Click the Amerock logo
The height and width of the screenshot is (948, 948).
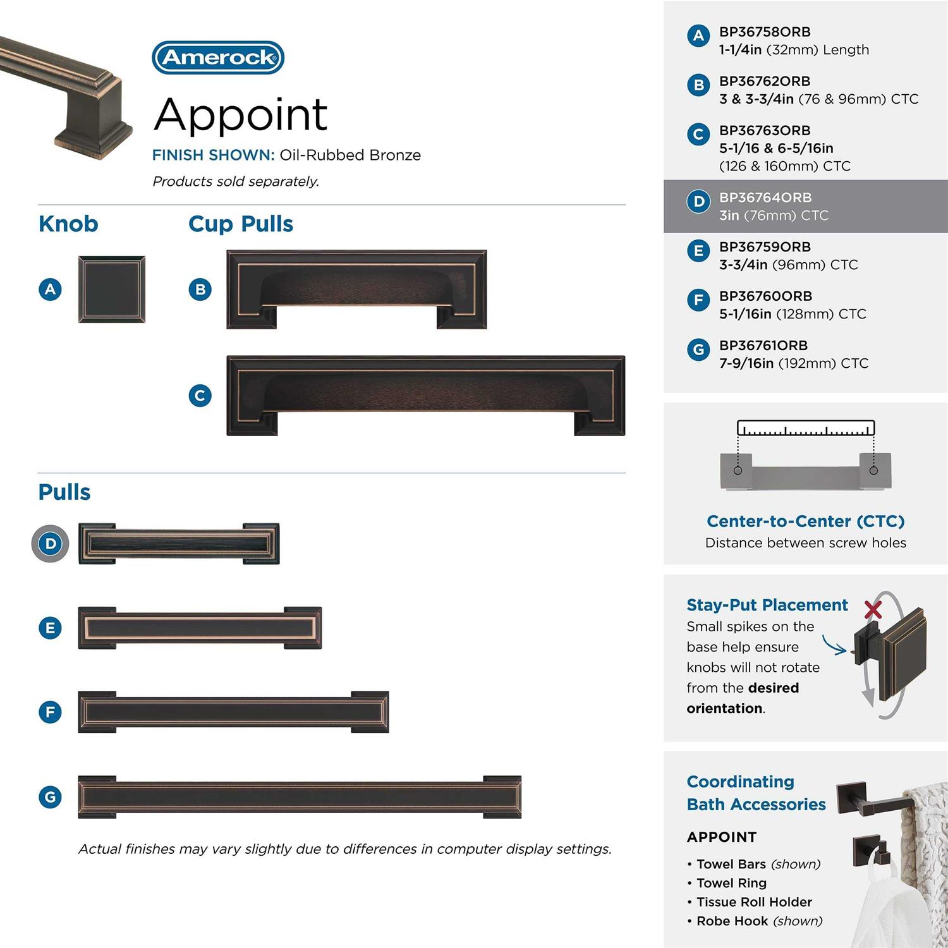(x=218, y=58)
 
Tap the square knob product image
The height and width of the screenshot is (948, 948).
(x=112, y=289)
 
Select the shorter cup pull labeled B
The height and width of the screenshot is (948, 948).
(x=356, y=289)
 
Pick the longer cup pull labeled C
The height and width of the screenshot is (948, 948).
(x=425, y=396)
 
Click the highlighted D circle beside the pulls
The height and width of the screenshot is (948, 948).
(x=51, y=544)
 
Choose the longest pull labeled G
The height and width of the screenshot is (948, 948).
(x=300, y=797)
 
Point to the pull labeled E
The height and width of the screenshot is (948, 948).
(x=200, y=628)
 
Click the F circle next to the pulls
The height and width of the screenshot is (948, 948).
(x=51, y=712)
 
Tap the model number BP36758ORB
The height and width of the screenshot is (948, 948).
(x=765, y=32)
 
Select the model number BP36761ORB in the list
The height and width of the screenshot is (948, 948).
(x=763, y=346)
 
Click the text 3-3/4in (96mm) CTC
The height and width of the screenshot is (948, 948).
(x=788, y=265)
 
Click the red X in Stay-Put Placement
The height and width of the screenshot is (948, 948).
(x=873, y=609)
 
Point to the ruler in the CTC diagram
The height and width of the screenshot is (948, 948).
(x=806, y=428)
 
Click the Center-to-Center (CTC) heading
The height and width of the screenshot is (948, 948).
(x=806, y=521)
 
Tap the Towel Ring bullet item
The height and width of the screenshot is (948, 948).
(x=731, y=883)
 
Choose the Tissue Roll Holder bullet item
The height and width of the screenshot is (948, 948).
(x=753, y=902)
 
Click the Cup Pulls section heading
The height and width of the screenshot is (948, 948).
(x=241, y=224)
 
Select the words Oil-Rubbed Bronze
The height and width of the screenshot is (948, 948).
(x=350, y=155)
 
